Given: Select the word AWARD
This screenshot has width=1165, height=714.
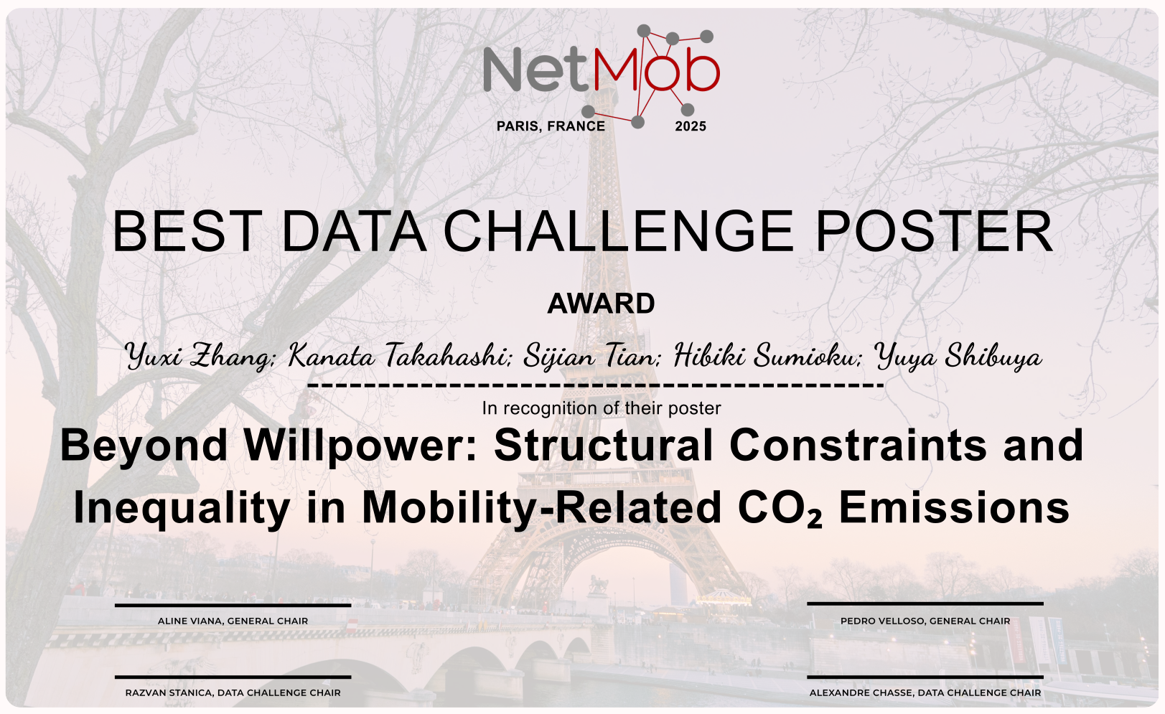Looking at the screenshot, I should (601, 304).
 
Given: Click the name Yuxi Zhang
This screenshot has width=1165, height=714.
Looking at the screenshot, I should (198, 356).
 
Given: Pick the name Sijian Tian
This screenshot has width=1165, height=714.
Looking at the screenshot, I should (591, 356).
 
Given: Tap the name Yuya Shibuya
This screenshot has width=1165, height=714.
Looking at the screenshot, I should (958, 356).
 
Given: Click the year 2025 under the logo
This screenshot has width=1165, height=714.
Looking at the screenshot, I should (690, 126).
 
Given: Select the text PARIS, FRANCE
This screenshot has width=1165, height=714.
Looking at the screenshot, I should (551, 126).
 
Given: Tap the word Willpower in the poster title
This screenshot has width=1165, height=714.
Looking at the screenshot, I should (360, 445).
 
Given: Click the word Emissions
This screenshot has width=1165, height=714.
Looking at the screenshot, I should (954, 508).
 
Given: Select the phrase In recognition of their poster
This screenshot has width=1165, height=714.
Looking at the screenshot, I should (601, 408).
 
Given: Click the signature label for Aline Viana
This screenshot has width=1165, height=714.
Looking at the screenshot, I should (233, 621).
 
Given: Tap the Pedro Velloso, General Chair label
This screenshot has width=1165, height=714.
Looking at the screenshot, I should (925, 621).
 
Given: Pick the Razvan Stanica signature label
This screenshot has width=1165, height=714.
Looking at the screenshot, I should (233, 693).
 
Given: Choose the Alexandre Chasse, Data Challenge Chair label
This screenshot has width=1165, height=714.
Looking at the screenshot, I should (925, 693).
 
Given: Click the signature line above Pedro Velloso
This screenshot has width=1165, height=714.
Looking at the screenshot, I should (925, 604).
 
